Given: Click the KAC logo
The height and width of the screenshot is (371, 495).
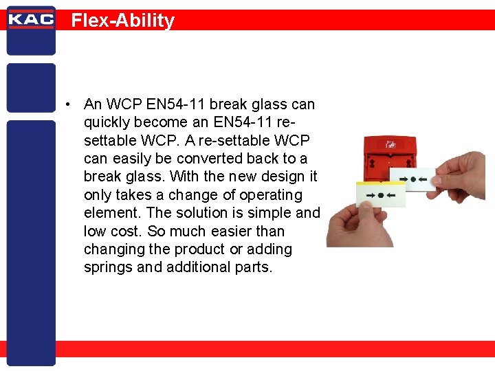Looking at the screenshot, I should tap(30, 19).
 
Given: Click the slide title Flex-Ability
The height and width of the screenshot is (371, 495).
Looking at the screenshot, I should tap(123, 21).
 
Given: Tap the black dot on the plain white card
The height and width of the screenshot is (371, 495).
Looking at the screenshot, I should tap(413, 181).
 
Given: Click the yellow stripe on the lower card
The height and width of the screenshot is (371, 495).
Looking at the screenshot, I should tap(378, 185).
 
